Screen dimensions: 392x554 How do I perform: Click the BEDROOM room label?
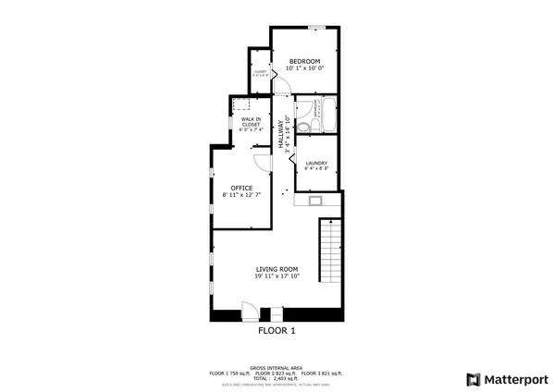304,61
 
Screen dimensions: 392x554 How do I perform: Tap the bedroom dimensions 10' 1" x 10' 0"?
304,68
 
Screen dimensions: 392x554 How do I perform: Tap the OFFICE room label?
241,188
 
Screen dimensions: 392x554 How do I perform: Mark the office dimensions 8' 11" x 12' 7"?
241,195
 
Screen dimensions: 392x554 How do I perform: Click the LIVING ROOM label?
277,269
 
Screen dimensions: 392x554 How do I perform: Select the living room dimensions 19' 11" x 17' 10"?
277,276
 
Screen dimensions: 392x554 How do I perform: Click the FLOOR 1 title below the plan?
276,330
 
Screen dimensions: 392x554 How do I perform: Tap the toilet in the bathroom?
303,121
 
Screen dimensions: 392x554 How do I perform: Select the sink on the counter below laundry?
316,199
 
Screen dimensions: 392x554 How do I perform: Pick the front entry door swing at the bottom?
250,310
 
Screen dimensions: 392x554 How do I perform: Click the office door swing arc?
262,161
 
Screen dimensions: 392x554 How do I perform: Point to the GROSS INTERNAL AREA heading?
276,366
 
